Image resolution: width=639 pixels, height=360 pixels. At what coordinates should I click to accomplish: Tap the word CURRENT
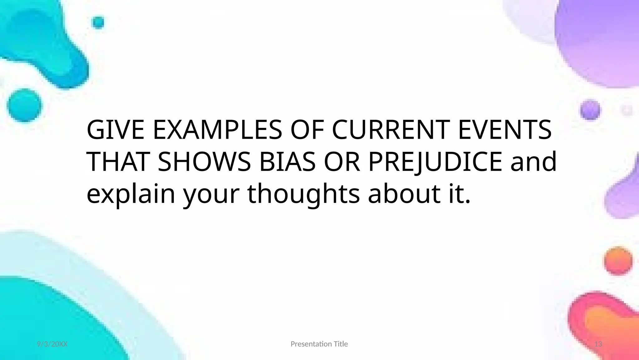tap(390, 130)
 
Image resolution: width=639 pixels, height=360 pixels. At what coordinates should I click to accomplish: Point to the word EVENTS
tap(505, 130)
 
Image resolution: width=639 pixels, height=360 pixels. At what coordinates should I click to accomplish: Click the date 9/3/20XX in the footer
tap(52, 344)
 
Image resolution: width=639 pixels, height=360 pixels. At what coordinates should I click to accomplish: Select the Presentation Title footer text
tap(319, 344)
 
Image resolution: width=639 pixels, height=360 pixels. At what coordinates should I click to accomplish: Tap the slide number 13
tap(598, 344)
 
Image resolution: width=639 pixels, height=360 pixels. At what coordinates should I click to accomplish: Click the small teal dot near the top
tap(98, 22)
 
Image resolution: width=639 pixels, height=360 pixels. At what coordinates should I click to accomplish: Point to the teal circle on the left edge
tap(24, 105)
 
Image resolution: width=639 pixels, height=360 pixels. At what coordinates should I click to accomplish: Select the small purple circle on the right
tap(590, 110)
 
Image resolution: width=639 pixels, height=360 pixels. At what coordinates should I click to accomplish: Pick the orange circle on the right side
tap(618, 261)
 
